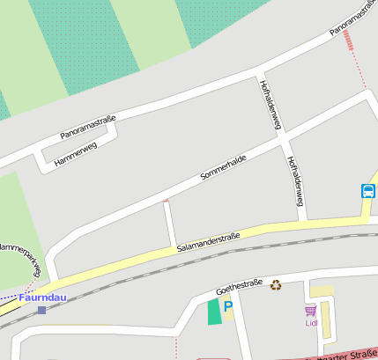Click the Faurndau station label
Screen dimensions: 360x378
point(42,298)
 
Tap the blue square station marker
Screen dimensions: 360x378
point(41,310)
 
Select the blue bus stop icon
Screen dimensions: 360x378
point(367,190)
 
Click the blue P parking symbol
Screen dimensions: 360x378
point(228,306)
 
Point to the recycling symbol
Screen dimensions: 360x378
point(276,284)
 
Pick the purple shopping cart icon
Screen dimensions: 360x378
point(309,310)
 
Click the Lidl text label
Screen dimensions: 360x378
point(310,322)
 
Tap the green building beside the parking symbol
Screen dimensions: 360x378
point(214,312)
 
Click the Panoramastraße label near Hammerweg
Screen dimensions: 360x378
point(88,126)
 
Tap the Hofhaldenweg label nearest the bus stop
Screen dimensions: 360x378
point(295,181)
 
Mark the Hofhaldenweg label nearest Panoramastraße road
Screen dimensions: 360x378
point(270,105)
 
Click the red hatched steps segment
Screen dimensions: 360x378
point(352,40)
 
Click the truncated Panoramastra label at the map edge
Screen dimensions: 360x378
point(353,21)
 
